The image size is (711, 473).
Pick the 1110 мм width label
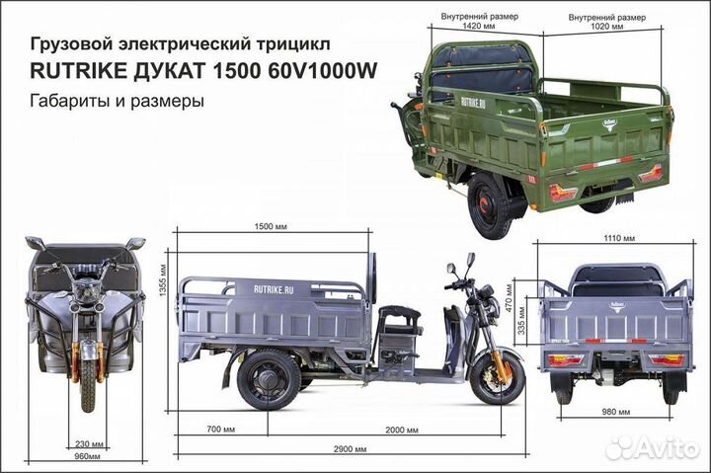pyautogui.click(x=618, y=238)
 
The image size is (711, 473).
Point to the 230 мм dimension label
pyautogui.click(x=87, y=444)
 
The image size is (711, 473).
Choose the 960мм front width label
pyautogui.click(x=87, y=457)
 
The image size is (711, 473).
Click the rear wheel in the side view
pyautogui.click(x=268, y=380)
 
